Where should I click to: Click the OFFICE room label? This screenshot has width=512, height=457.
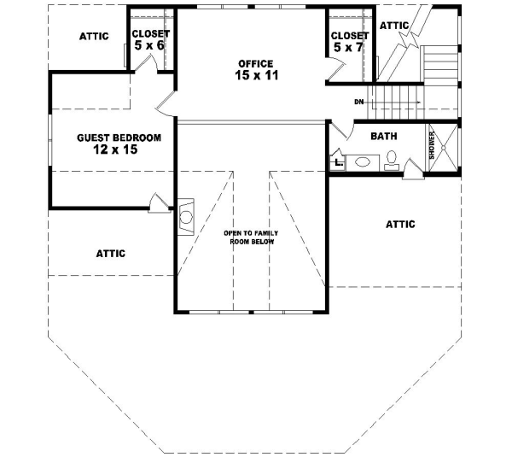(256, 63)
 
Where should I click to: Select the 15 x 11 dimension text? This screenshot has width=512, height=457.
(256, 76)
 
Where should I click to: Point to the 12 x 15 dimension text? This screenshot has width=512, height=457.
(115, 149)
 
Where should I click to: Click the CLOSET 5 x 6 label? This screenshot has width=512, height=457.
(150, 39)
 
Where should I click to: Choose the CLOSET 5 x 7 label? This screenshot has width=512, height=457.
(349, 41)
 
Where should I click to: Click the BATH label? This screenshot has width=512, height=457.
(383, 136)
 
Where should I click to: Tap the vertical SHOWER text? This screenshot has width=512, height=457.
(432, 146)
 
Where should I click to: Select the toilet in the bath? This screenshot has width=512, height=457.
(392, 160)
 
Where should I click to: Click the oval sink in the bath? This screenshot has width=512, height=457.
(362, 161)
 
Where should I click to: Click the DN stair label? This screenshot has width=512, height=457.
(359, 102)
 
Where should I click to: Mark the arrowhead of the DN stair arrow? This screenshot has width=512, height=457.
(418, 102)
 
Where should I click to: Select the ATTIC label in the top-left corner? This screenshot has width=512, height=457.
(93, 36)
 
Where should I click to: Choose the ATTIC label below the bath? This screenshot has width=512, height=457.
(400, 225)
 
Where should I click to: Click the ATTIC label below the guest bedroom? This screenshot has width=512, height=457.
(110, 253)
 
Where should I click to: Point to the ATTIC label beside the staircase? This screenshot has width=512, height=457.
(394, 26)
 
